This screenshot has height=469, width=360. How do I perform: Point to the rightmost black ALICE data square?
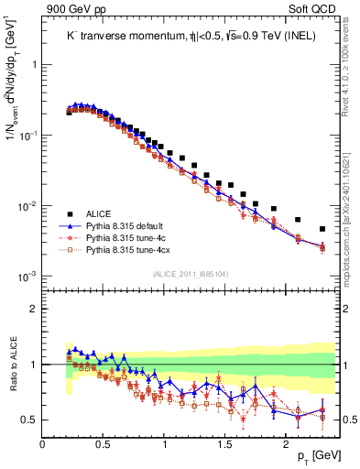[322, 229]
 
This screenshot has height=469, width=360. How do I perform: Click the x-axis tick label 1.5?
[225, 443]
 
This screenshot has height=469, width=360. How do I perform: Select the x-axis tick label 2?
[286, 443]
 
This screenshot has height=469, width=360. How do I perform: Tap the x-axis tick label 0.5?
[104, 443]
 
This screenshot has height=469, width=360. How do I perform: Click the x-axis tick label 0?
[43, 443]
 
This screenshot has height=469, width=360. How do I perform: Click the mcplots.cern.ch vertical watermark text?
[351, 229]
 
